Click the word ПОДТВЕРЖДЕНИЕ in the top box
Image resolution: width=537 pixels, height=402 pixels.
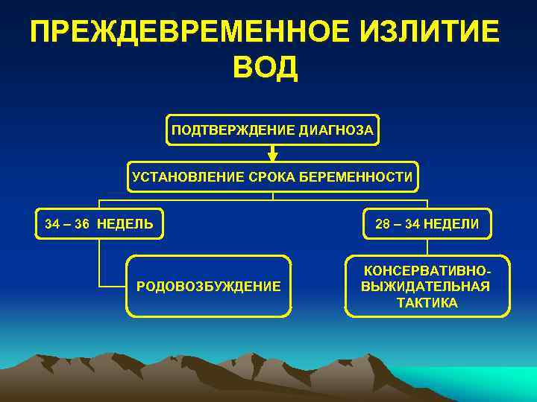[x=233, y=130]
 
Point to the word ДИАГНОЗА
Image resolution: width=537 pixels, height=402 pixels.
[x=336, y=130]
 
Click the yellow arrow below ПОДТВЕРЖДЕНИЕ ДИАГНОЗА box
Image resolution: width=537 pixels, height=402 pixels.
[x=273, y=153]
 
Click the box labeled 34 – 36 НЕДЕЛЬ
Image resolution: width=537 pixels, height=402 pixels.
[x=98, y=223]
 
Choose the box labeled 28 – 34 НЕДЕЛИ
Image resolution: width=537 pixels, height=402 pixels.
[x=427, y=223]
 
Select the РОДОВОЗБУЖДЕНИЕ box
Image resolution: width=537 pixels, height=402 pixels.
[x=209, y=286]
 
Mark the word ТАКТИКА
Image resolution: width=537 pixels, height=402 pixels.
[x=427, y=304]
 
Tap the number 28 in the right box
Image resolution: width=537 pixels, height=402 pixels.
[x=382, y=224]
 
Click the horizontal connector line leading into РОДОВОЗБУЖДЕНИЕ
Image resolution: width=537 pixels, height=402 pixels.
[x=112, y=286]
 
